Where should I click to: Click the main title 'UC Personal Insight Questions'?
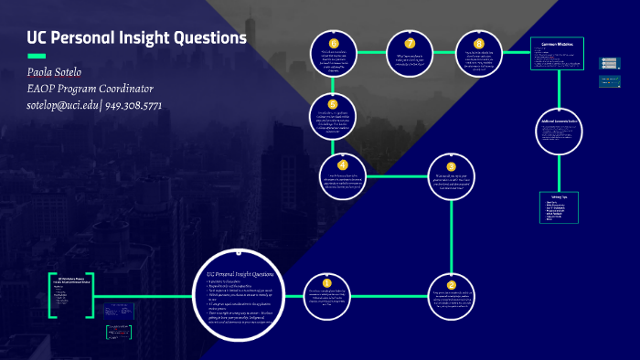tap(136, 38)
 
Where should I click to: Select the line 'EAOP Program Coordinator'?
tap(90, 89)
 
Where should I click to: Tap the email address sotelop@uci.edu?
tap(63, 105)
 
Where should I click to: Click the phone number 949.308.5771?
tap(133, 105)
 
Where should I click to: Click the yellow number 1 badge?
tap(327, 282)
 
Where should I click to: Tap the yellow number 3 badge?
tap(451, 166)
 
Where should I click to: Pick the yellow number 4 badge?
tap(343, 164)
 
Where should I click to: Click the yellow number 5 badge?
tap(333, 104)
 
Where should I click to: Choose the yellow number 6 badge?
tap(334, 43)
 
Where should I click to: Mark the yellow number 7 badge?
tap(411, 43)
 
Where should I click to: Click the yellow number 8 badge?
tap(479, 43)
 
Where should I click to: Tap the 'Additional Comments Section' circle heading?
tap(558, 122)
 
